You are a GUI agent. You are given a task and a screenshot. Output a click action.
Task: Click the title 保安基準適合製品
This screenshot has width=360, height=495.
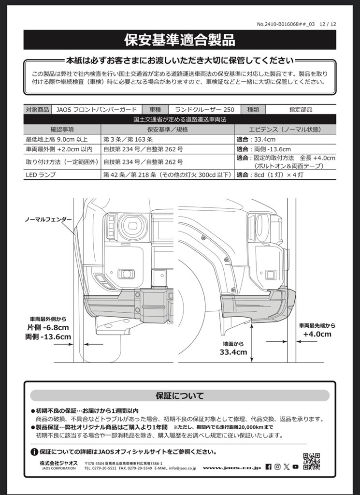pyautogui.click(x=180, y=40)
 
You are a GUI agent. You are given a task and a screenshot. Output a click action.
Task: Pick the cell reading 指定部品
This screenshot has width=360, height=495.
pyautogui.click(x=301, y=110)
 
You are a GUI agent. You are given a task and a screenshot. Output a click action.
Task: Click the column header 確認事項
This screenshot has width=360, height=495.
pyautogui.click(x=62, y=130)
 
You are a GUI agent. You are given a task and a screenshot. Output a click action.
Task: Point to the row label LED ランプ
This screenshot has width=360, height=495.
pyautogui.click(x=42, y=175)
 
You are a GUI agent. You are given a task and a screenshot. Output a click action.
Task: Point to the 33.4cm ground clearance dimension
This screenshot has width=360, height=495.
pyautogui.click(x=233, y=352)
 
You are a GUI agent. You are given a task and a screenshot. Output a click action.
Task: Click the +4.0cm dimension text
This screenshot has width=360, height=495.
pyautogui.click(x=317, y=334)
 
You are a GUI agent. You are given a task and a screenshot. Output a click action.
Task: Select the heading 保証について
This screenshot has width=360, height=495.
pyautogui.click(x=180, y=395)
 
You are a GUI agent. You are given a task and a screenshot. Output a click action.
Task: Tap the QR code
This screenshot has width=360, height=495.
pyautogui.click(x=311, y=461)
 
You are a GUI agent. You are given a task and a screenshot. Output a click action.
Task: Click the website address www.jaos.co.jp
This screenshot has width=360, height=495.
pyautogui.click(x=231, y=467)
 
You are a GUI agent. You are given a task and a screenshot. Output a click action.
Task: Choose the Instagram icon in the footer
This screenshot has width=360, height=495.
pyautogui.click(x=277, y=467)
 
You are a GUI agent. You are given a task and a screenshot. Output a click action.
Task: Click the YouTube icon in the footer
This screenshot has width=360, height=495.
pyautogui.click(x=295, y=467)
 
